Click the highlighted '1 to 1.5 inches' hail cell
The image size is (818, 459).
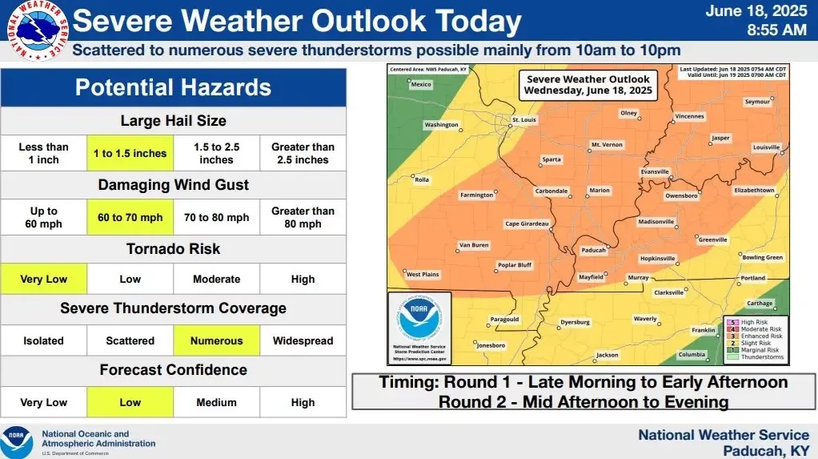(x=130, y=153)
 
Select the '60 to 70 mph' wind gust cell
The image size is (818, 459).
(x=130, y=217)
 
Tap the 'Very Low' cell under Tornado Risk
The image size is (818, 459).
(x=43, y=280)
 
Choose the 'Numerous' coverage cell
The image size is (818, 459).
(x=216, y=340)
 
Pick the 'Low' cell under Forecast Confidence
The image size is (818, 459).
(x=130, y=402)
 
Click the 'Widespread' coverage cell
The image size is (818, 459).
(x=303, y=340)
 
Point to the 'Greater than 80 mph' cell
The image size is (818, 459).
(x=303, y=217)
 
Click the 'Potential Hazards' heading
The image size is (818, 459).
(x=173, y=87)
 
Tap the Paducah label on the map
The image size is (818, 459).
(x=593, y=251)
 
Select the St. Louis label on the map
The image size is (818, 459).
(x=523, y=120)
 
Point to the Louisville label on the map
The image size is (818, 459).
(x=766, y=147)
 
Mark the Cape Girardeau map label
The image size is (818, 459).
(x=527, y=223)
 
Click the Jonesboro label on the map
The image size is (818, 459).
(x=491, y=345)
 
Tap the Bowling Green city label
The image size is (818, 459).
(x=762, y=257)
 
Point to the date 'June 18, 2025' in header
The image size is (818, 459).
(x=756, y=10)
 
